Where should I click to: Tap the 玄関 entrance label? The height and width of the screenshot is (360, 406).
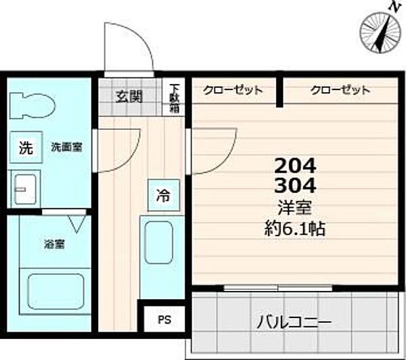coord(128,95)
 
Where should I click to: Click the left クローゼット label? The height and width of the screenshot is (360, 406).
coord(234,90)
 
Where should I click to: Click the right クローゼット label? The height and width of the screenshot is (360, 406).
coord(340,90)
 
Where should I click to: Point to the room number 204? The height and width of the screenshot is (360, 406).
coord(295,165)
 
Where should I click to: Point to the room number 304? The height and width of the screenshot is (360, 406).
coord(295,185)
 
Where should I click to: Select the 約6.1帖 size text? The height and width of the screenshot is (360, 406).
coord(295,229)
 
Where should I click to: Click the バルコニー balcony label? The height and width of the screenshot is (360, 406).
coord(292,322)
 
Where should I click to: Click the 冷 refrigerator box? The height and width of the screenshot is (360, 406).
coord(164,196)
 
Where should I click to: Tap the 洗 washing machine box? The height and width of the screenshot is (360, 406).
coord(25,148)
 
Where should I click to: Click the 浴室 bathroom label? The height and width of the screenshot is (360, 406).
coord(55,244)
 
